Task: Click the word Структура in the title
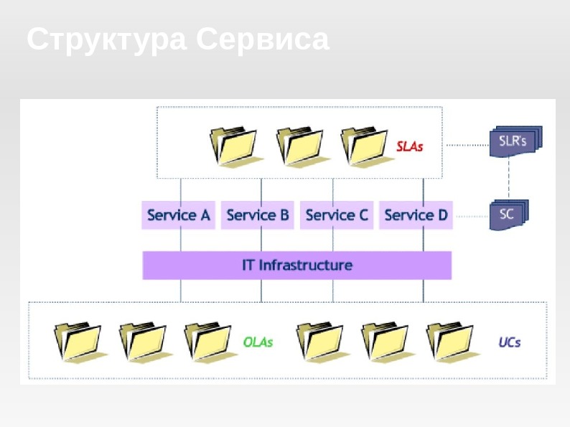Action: (x=108, y=39)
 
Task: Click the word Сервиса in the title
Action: (x=263, y=39)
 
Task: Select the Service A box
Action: (x=179, y=215)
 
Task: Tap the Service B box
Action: (x=258, y=215)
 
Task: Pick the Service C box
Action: (x=337, y=215)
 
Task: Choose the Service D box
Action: (x=416, y=215)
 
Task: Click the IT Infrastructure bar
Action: (x=297, y=265)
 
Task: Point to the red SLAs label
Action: (x=410, y=146)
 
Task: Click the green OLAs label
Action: (x=258, y=342)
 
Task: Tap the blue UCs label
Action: (x=510, y=342)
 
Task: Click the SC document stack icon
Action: (x=509, y=215)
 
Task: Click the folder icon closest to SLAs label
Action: (x=365, y=146)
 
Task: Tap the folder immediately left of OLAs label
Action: (x=209, y=341)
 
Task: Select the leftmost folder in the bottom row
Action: (x=78, y=341)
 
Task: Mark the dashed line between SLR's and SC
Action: (x=509, y=178)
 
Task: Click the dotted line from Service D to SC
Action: (x=471, y=215)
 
